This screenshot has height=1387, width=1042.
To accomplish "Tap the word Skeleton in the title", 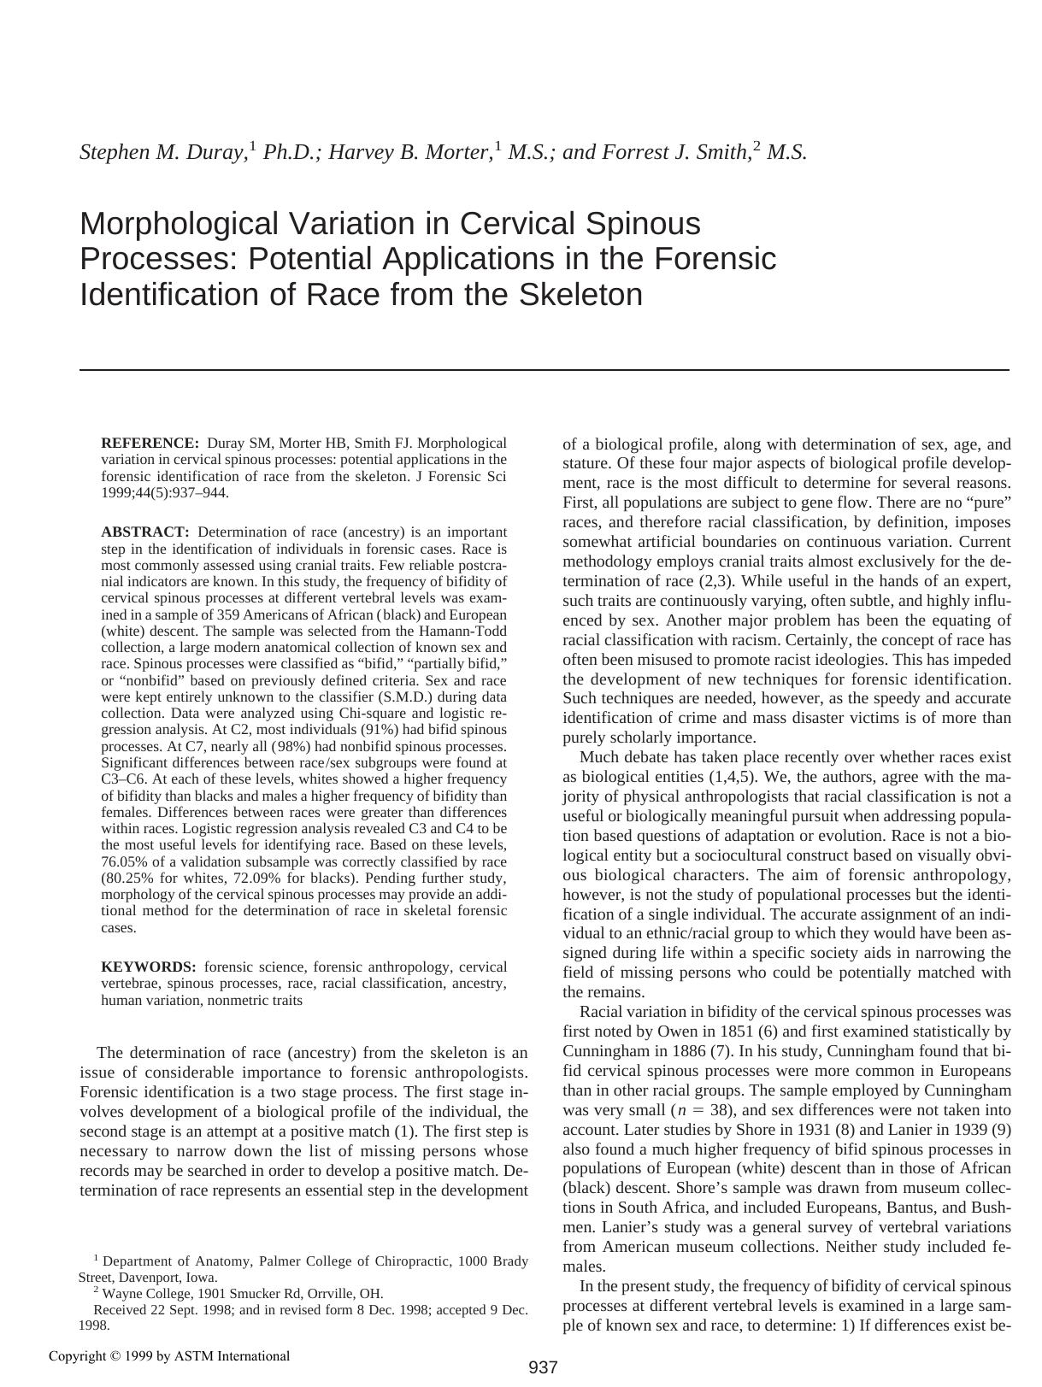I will pyautogui.click(x=571, y=295).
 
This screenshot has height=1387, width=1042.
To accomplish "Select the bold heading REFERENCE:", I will pyautogui.click(x=150, y=444).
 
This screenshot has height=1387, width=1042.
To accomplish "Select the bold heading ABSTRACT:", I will pyautogui.click(x=144, y=532).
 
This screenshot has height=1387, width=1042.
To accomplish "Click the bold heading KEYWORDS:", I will pyautogui.click(x=148, y=967).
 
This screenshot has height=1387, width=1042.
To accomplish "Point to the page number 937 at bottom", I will pyautogui.click(x=543, y=1367).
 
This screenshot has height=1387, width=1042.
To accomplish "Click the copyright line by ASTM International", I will pyautogui.click(x=169, y=1356).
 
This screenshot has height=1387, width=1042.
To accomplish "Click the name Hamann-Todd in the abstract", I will pyautogui.click(x=468, y=632).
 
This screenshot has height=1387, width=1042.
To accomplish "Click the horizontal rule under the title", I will pyautogui.click(x=544, y=370).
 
